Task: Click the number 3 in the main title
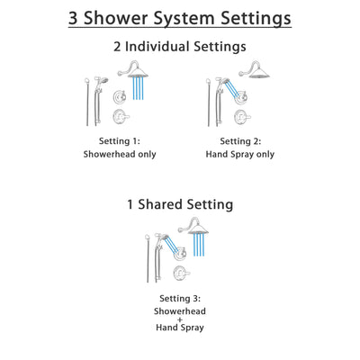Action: [x=75, y=18]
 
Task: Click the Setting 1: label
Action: [x=121, y=141]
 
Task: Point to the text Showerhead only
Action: [x=121, y=154]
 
